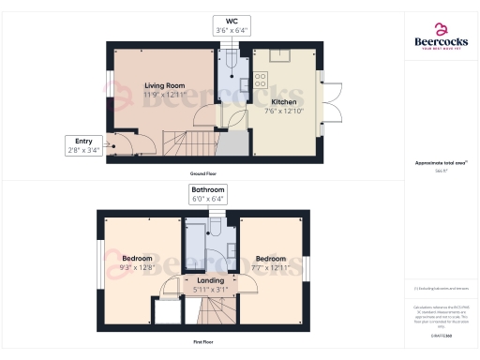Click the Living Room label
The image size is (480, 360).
(164, 90)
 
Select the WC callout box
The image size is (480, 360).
(227, 24)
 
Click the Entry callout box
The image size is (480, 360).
(78, 144)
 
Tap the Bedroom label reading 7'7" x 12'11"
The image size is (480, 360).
(271, 263)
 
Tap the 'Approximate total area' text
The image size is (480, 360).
(440, 163)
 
